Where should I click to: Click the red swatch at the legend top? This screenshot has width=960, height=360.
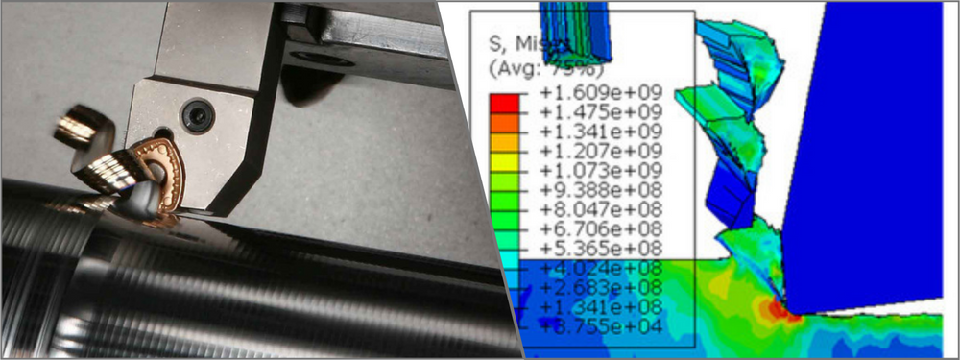point(505,100)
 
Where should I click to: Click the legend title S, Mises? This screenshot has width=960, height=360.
point(530,44)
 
